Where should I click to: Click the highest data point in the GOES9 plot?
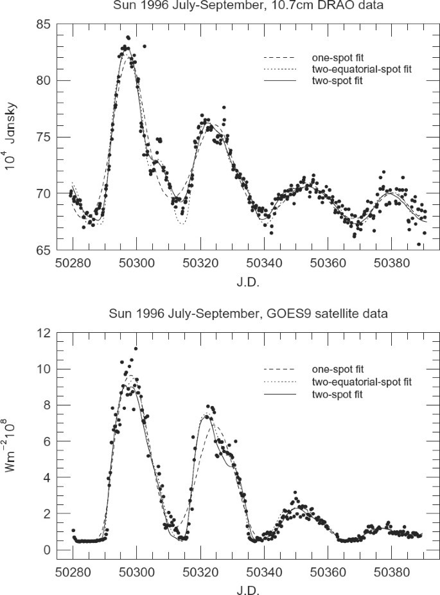pos(136,349)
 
